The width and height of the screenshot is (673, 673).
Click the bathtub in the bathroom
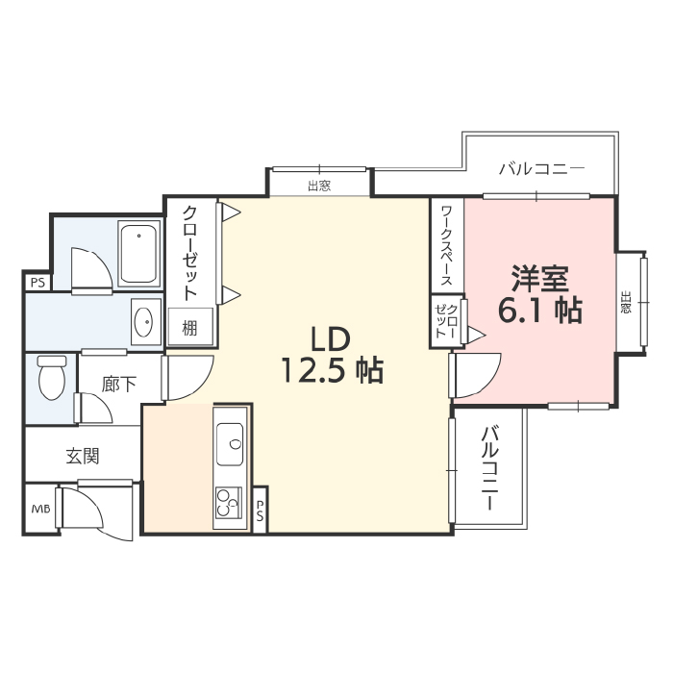138,254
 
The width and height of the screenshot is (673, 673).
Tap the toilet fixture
52,377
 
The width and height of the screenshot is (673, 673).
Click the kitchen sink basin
230,444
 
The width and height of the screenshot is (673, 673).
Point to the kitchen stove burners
229,503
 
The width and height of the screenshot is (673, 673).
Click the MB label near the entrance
40,509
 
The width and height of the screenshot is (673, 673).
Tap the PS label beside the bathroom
37,284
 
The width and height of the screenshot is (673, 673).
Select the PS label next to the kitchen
260,511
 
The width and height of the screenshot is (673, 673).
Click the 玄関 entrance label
83,457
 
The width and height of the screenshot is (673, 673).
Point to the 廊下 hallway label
119,385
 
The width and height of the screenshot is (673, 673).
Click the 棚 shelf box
190,327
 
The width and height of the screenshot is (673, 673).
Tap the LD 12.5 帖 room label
332,355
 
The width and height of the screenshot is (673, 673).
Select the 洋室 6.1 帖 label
540,294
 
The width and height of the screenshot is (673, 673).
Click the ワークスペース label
447,245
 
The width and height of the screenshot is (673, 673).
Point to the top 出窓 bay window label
319,186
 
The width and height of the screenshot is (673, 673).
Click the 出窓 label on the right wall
626,302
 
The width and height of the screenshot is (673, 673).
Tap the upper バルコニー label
541,168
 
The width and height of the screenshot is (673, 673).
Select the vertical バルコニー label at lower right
489,468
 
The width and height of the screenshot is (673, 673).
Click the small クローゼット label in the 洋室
446,320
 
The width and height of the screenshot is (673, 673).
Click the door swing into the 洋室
476,375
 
